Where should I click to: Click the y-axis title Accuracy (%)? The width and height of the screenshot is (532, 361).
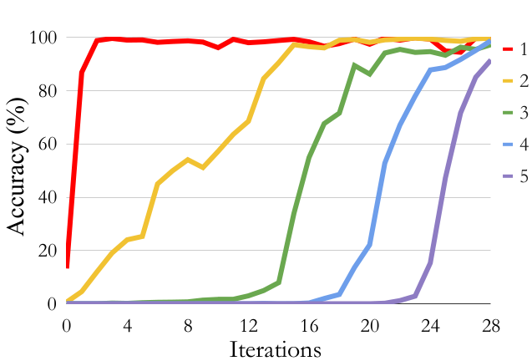tap(18, 170)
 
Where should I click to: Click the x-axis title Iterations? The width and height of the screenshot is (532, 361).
tap(276, 348)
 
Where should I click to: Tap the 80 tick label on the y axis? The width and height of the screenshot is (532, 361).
tap(44, 91)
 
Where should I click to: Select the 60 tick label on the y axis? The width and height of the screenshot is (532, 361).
tap(44, 145)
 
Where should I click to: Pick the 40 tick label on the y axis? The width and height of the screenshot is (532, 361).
tap(44, 198)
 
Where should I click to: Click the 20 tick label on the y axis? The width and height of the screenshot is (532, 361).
tap(44, 251)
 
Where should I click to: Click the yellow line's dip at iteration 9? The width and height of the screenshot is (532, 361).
tap(203, 167)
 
